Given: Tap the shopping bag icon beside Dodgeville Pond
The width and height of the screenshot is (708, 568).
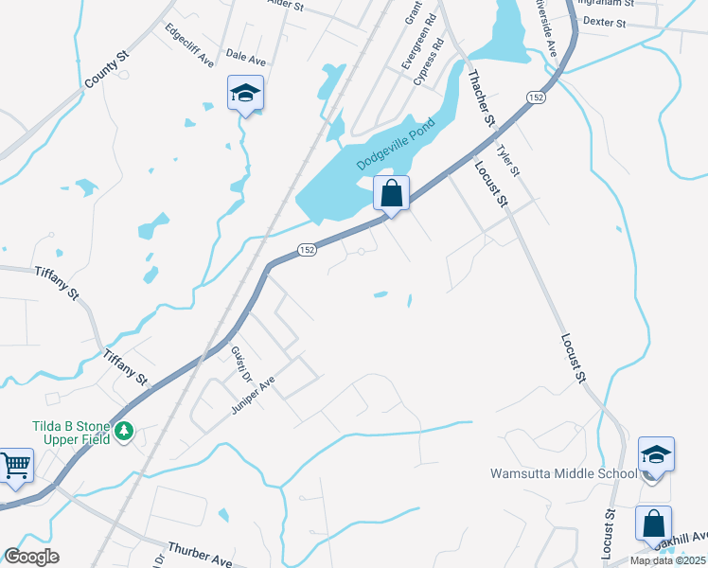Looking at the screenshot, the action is click(x=391, y=194).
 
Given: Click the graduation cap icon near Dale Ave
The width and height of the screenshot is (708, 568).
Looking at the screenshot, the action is click(x=245, y=93).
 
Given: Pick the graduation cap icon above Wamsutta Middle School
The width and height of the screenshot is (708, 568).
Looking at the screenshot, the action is click(x=656, y=454).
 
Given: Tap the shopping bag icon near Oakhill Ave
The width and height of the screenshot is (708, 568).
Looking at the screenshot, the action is click(x=653, y=524).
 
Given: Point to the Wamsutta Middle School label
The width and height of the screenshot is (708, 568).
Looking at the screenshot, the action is click(x=563, y=473).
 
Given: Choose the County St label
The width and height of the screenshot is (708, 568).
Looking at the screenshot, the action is click(x=105, y=71).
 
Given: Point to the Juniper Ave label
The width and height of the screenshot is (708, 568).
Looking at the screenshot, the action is click(x=253, y=396).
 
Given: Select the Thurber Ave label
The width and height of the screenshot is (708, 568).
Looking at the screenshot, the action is click(x=200, y=555).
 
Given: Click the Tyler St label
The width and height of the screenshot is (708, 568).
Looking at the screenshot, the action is click(x=509, y=159).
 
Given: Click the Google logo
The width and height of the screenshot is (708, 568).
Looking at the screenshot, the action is click(x=31, y=557).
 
